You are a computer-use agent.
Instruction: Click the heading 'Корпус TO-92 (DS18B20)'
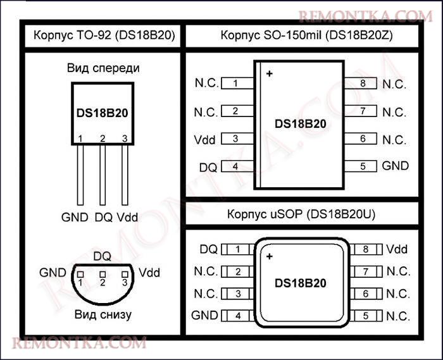click(104, 35)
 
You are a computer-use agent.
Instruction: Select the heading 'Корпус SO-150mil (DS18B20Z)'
click(306, 35)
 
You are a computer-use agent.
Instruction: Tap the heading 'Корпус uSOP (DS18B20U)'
click(301, 214)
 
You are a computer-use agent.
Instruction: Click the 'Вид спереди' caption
click(103, 68)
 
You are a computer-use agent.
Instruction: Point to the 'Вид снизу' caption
click(103, 314)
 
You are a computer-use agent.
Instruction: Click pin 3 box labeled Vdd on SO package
click(237, 139)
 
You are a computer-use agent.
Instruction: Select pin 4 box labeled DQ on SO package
click(237, 166)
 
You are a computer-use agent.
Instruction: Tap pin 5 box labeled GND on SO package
click(361, 166)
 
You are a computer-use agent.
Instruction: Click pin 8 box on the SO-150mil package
click(361, 83)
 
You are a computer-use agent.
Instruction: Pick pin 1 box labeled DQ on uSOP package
click(238, 249)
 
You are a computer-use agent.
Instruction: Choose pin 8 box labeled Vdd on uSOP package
click(366, 249)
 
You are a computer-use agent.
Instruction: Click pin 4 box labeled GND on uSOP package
click(238, 316)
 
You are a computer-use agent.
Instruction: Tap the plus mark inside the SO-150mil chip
click(269, 73)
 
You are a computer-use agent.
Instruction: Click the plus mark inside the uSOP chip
click(269, 256)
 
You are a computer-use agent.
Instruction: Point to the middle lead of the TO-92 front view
click(103, 175)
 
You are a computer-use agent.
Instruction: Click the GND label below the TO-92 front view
click(75, 218)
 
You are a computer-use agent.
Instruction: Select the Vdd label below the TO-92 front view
click(127, 218)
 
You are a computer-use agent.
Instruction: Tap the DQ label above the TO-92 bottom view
click(102, 256)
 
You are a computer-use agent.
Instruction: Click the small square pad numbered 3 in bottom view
click(125, 275)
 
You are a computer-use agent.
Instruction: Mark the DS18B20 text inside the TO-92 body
click(103, 113)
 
